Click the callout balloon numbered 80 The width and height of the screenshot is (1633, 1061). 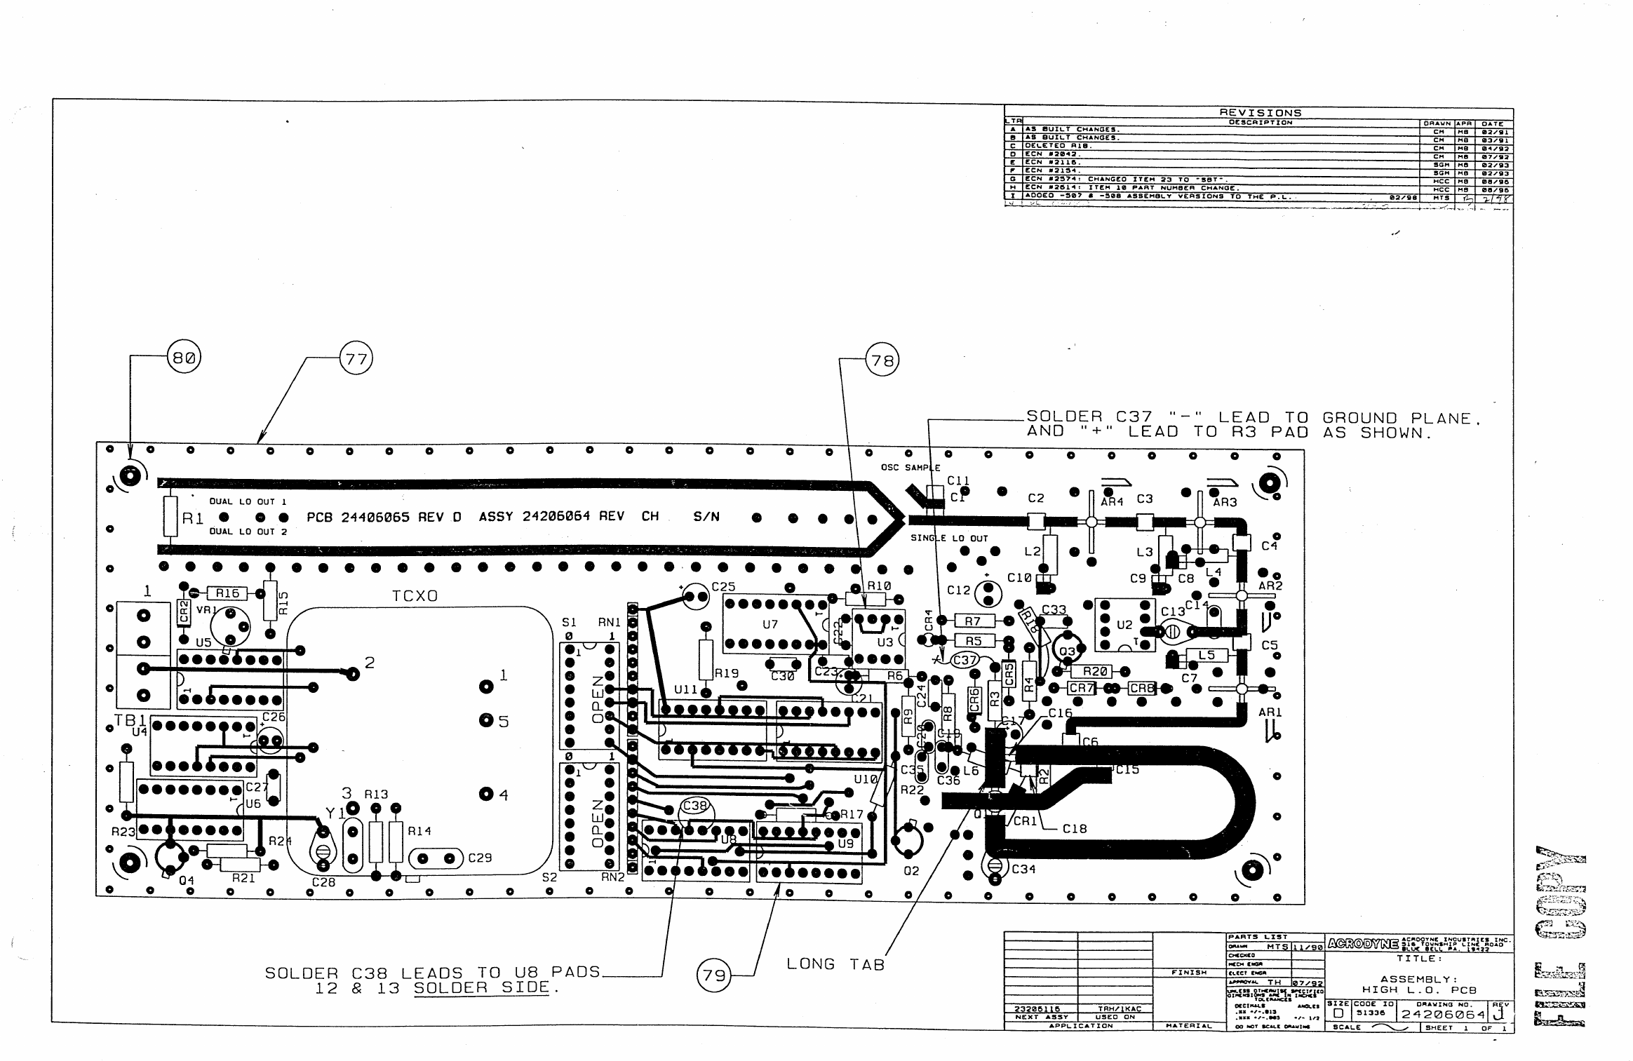[184, 358]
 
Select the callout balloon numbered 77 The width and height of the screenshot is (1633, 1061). [356, 360]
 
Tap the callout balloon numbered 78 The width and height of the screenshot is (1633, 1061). [882, 360]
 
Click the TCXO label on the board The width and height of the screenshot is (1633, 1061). [415, 596]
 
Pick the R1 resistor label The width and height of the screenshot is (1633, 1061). [193, 518]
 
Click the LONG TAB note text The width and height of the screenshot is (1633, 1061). [835, 965]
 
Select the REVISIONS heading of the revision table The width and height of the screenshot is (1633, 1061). [1260, 113]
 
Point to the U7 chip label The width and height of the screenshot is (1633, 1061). [770, 624]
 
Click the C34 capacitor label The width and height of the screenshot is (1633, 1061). [1023, 869]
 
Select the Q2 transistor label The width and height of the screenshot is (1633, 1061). [910, 871]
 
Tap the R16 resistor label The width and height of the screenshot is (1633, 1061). [227, 593]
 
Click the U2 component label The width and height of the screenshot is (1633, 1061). [1124, 625]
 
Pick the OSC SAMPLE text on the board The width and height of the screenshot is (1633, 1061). [910, 468]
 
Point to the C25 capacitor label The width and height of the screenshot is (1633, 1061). [723, 586]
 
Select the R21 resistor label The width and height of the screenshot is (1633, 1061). [243, 878]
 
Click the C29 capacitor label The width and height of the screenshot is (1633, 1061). [480, 858]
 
